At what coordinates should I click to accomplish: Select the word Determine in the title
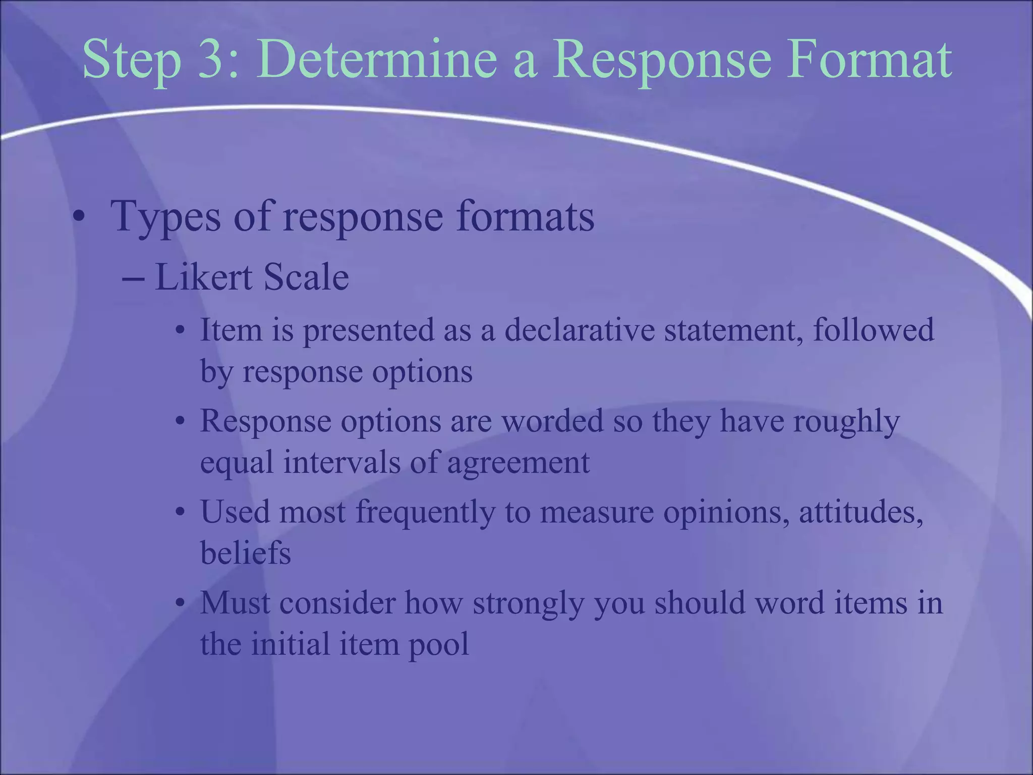click(376, 61)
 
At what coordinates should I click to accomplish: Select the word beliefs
click(245, 553)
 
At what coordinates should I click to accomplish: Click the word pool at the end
click(438, 645)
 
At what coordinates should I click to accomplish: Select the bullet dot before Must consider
click(180, 603)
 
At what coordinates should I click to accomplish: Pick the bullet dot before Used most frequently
click(180, 512)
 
